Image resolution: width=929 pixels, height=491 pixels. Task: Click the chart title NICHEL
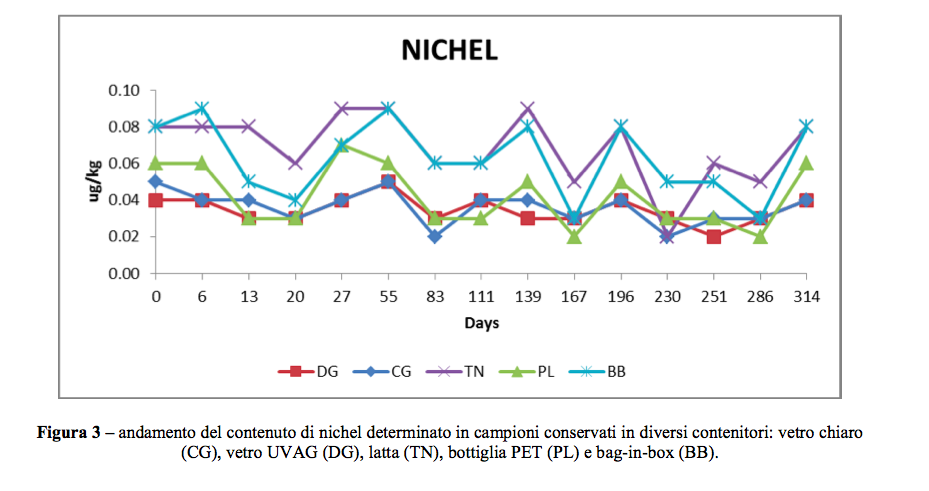[449, 51]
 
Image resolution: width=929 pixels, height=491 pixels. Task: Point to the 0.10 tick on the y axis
[124, 91]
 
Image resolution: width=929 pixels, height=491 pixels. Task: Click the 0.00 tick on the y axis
[124, 273]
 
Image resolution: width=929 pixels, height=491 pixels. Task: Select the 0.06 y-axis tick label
[124, 164]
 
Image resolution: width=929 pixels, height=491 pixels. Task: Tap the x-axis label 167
[574, 296]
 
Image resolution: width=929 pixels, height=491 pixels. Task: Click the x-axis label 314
[806, 296]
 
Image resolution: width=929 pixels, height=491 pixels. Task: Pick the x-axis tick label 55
[388, 296]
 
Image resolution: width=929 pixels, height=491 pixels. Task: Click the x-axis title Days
[481, 322]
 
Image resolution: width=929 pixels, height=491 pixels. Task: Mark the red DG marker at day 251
[713, 237]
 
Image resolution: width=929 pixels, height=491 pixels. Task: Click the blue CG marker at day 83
[435, 237]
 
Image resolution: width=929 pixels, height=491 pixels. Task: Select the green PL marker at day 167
[574, 237]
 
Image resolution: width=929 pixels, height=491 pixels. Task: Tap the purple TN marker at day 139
[528, 109]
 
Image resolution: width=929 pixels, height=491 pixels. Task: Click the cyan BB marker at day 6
[203, 109]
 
